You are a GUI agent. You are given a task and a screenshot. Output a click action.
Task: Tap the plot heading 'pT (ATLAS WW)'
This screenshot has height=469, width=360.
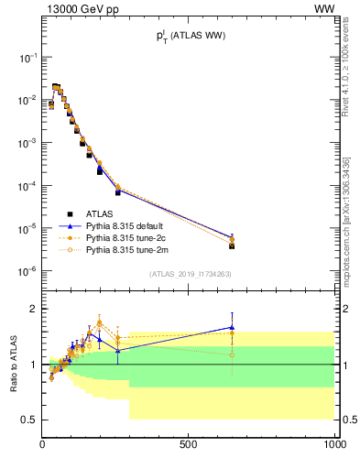190,36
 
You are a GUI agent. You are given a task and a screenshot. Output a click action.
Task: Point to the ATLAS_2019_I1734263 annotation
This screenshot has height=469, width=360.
190,273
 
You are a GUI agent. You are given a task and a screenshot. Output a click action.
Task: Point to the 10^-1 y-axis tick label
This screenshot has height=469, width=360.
27,57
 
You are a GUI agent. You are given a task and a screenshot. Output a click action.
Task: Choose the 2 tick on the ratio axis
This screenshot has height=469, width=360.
35,310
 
